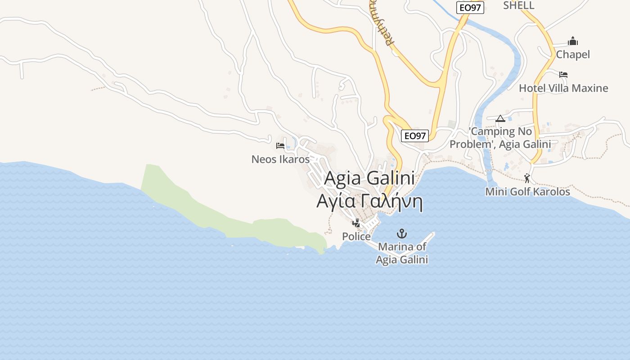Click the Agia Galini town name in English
[369, 179]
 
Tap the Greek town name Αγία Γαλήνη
[369, 202]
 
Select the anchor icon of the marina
[401, 234]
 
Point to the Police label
[356, 237]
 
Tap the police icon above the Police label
[356, 223]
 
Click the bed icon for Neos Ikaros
[280, 146]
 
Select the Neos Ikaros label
[280, 159]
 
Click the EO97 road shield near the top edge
[470, 8]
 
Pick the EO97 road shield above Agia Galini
[414, 135]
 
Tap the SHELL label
[518, 5]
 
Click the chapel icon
[573, 41]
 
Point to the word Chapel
[573, 54]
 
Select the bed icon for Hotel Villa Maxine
[563, 75]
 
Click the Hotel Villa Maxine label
[563, 88]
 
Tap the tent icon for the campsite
[500, 119]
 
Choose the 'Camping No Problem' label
[500, 138]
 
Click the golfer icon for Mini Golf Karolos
[527, 178]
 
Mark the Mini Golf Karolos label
[527, 192]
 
